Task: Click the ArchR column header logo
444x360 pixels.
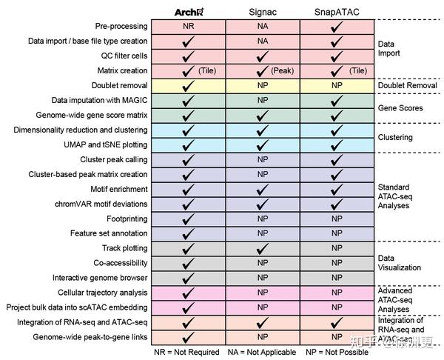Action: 189,12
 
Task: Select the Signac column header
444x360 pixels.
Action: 262,12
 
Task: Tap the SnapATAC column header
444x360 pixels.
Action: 337,12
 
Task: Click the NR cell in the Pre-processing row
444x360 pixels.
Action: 189,26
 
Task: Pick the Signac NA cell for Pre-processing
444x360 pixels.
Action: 262,26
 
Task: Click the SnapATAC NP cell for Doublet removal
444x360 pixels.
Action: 337,85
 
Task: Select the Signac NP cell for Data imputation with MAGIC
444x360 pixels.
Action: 262,100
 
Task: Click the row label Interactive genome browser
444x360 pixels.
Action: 100,278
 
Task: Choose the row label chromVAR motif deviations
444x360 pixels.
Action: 101,204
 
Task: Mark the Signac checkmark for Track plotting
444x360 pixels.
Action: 262,248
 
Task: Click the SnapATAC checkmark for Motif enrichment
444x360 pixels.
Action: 337,189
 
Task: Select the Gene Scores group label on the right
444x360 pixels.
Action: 400,107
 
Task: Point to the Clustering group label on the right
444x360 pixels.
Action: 395,137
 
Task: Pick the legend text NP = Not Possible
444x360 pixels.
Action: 336,353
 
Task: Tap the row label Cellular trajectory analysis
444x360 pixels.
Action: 100,293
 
